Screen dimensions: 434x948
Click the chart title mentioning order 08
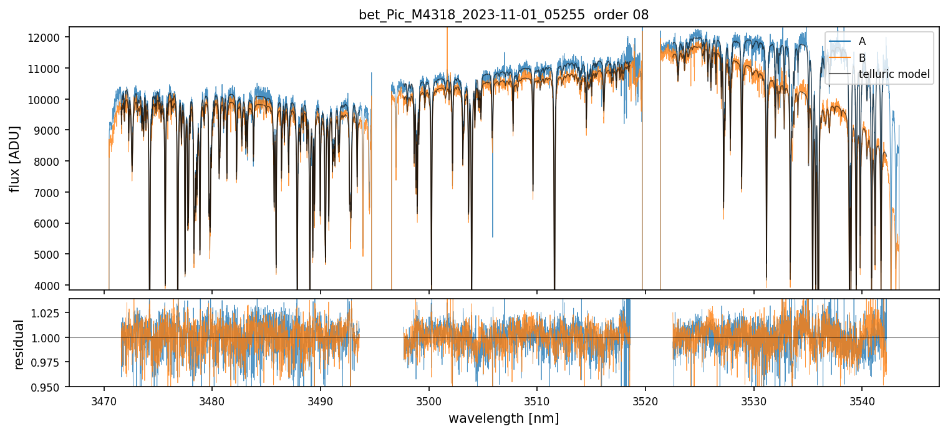[503, 15]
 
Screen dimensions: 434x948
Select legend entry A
[862, 41]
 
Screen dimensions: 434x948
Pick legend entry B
[862, 58]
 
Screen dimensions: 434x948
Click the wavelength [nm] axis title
[503, 418]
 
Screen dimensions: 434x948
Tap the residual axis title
[19, 344]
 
